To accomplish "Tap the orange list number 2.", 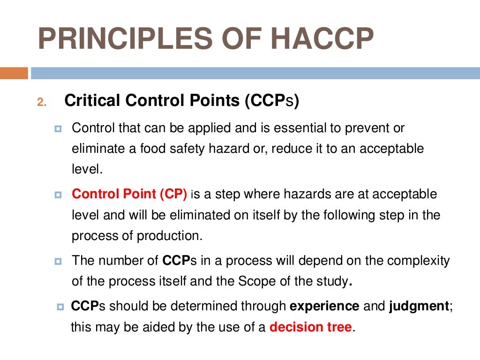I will [42, 103].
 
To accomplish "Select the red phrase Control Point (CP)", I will [129, 194].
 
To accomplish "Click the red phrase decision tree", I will [310, 327].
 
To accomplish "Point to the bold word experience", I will [324, 307].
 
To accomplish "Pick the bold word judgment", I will [419, 307].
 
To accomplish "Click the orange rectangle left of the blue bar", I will [14, 73].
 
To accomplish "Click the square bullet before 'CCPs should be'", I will [60, 307].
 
